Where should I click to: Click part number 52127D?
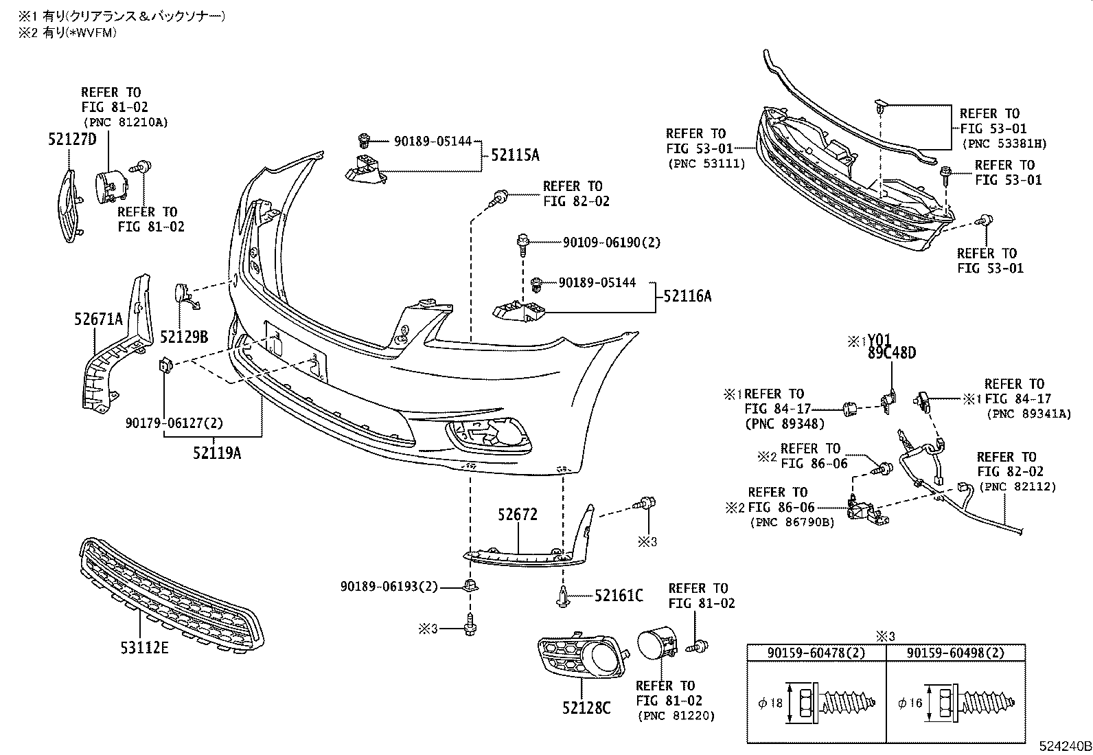pos(72,139)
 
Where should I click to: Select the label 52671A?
pos(98,319)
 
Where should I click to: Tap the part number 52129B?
pos(183,337)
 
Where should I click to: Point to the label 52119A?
pos(217,453)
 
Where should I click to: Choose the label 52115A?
pos(514,155)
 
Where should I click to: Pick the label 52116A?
pos(687,296)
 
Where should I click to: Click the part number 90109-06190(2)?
pos(612,243)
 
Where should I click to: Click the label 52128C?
pos(586,707)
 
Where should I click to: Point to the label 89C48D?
pos(891,353)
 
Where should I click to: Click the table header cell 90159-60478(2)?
pos(816,653)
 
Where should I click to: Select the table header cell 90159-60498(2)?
pos(956,653)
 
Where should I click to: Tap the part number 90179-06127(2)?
pos(174,423)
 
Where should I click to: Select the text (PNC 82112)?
pos(1017,486)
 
